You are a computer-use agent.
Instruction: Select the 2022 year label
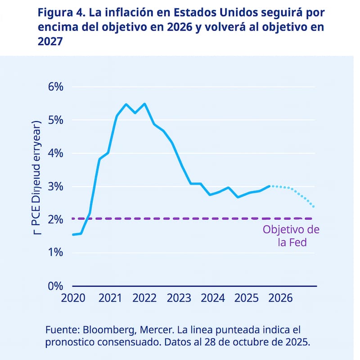pyautogui.click(x=144, y=298)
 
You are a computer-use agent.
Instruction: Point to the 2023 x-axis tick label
pyautogui.click(x=179, y=298)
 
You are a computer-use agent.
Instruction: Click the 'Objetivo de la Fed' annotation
pyautogui.click(x=291, y=236)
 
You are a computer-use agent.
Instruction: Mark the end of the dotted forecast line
pyautogui.click(x=313, y=207)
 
